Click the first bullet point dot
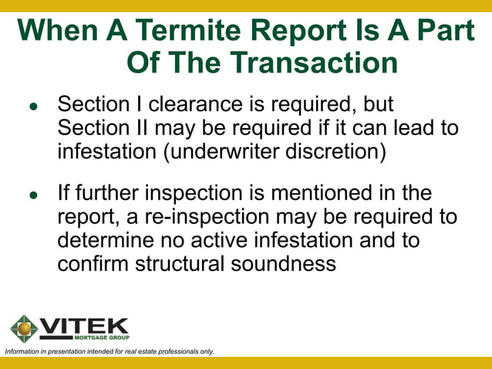coord(33,108)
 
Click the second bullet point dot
coord(33,195)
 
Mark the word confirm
coord(94,263)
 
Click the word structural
coord(184,263)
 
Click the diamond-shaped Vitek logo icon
coord(23,328)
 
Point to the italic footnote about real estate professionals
coord(110,352)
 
